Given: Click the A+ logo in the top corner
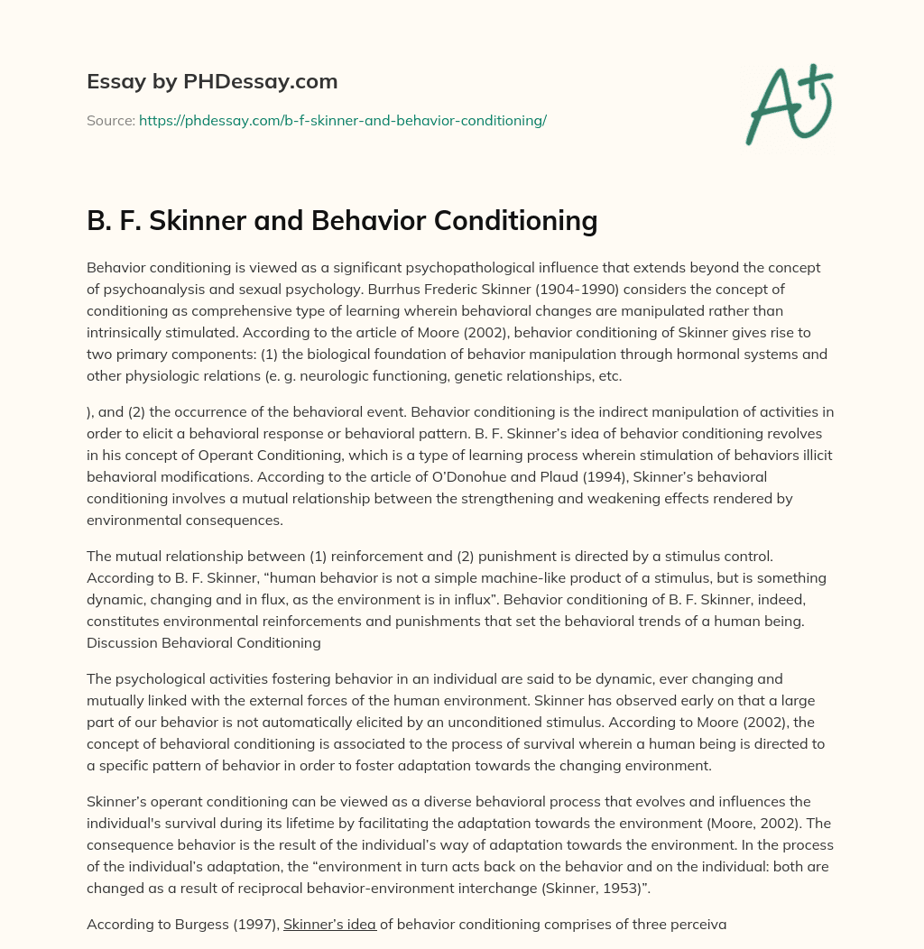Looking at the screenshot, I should click(788, 103).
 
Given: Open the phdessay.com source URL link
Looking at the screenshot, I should click(343, 120).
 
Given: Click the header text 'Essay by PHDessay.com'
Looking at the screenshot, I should click(212, 82).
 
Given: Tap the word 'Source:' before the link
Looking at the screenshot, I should click(111, 120).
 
